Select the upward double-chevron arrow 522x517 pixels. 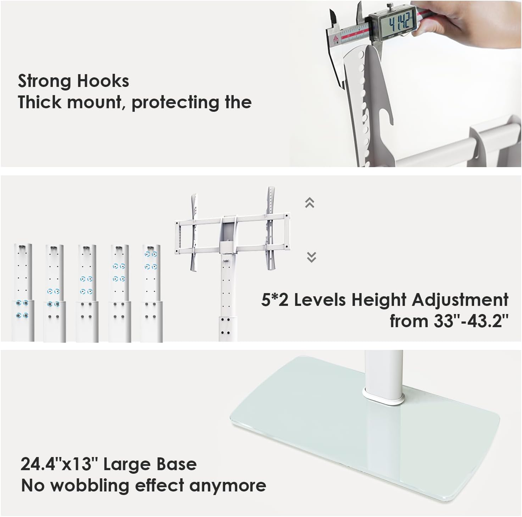[x=310, y=203]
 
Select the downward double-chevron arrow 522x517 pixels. [x=311, y=257]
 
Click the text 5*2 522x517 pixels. [x=276, y=300]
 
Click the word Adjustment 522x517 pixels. [x=460, y=301]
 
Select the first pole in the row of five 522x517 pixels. [x=23, y=292]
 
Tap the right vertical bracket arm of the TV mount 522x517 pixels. [x=271, y=228]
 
